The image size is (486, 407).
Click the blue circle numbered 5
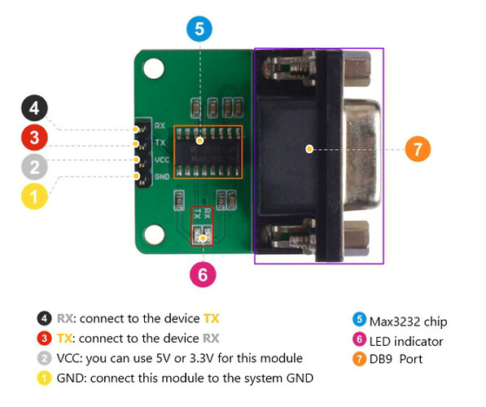199,30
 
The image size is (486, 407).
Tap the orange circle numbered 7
417,149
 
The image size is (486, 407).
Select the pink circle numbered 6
203,274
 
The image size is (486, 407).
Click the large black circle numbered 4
34,108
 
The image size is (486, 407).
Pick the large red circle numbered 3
34,138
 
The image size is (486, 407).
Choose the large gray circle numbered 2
34,168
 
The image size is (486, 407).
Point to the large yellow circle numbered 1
34,196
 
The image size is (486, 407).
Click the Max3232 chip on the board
208,150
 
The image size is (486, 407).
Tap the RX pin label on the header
160,127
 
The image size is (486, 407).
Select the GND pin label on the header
161,175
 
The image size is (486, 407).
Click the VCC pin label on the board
161,160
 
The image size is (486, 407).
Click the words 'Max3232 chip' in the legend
408,321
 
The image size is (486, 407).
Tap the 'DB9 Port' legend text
396,359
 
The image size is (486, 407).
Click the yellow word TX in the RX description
211,318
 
